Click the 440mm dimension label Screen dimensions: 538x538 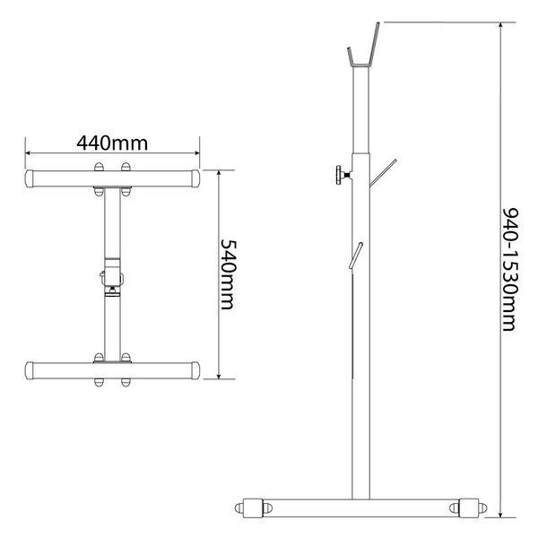[x=112, y=143]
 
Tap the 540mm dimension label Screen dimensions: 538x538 [x=228, y=274]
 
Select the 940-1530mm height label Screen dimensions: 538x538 [x=510, y=270]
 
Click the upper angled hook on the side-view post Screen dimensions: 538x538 [x=383, y=173]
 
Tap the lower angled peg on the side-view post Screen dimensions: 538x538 [x=356, y=256]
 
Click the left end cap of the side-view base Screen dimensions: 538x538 [x=253, y=508]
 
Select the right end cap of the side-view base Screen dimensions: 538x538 [x=468, y=508]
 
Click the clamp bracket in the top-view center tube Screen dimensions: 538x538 [x=112, y=277]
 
